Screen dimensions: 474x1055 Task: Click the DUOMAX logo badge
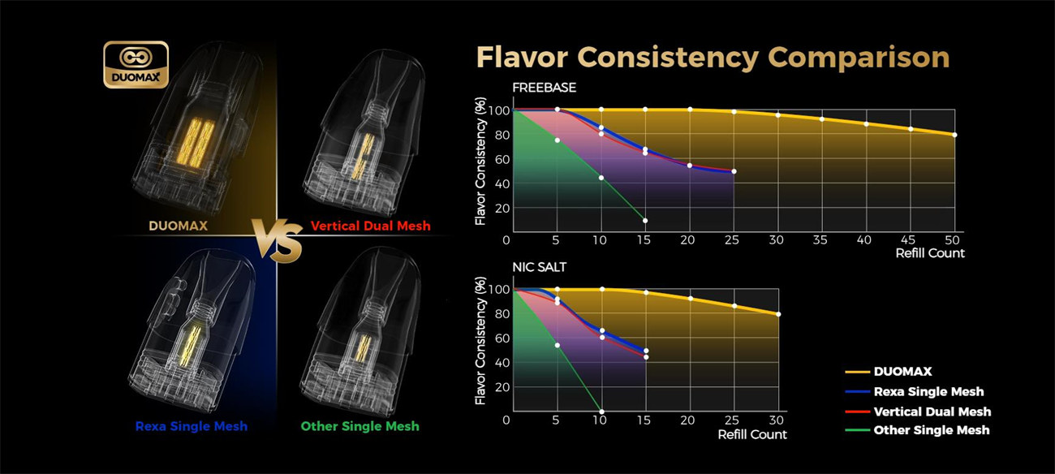[x=136, y=64]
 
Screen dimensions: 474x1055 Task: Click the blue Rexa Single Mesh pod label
[x=191, y=426]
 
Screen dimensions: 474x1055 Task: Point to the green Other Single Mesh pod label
[x=360, y=426]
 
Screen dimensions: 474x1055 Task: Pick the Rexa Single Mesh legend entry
[x=928, y=391]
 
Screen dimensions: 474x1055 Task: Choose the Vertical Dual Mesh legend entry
[x=932, y=412]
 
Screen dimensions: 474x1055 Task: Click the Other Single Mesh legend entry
[x=931, y=430]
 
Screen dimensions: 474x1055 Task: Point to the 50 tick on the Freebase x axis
[x=954, y=240]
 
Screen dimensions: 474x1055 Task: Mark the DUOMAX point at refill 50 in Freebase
[x=954, y=135]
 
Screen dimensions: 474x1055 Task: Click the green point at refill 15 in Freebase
[x=645, y=221]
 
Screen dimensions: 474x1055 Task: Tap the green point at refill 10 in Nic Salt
[x=601, y=412]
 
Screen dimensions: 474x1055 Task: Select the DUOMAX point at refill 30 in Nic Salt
[x=778, y=314]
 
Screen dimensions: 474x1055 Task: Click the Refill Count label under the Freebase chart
[x=930, y=253]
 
